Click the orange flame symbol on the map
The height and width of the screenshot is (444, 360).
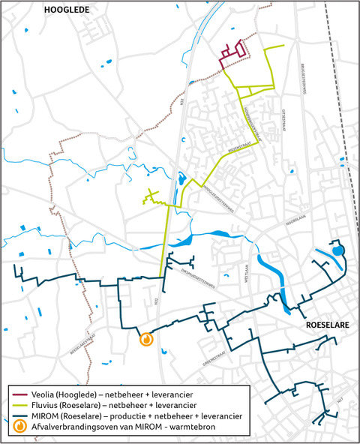pos(147,339)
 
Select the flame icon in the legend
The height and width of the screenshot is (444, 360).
pos(17,424)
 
